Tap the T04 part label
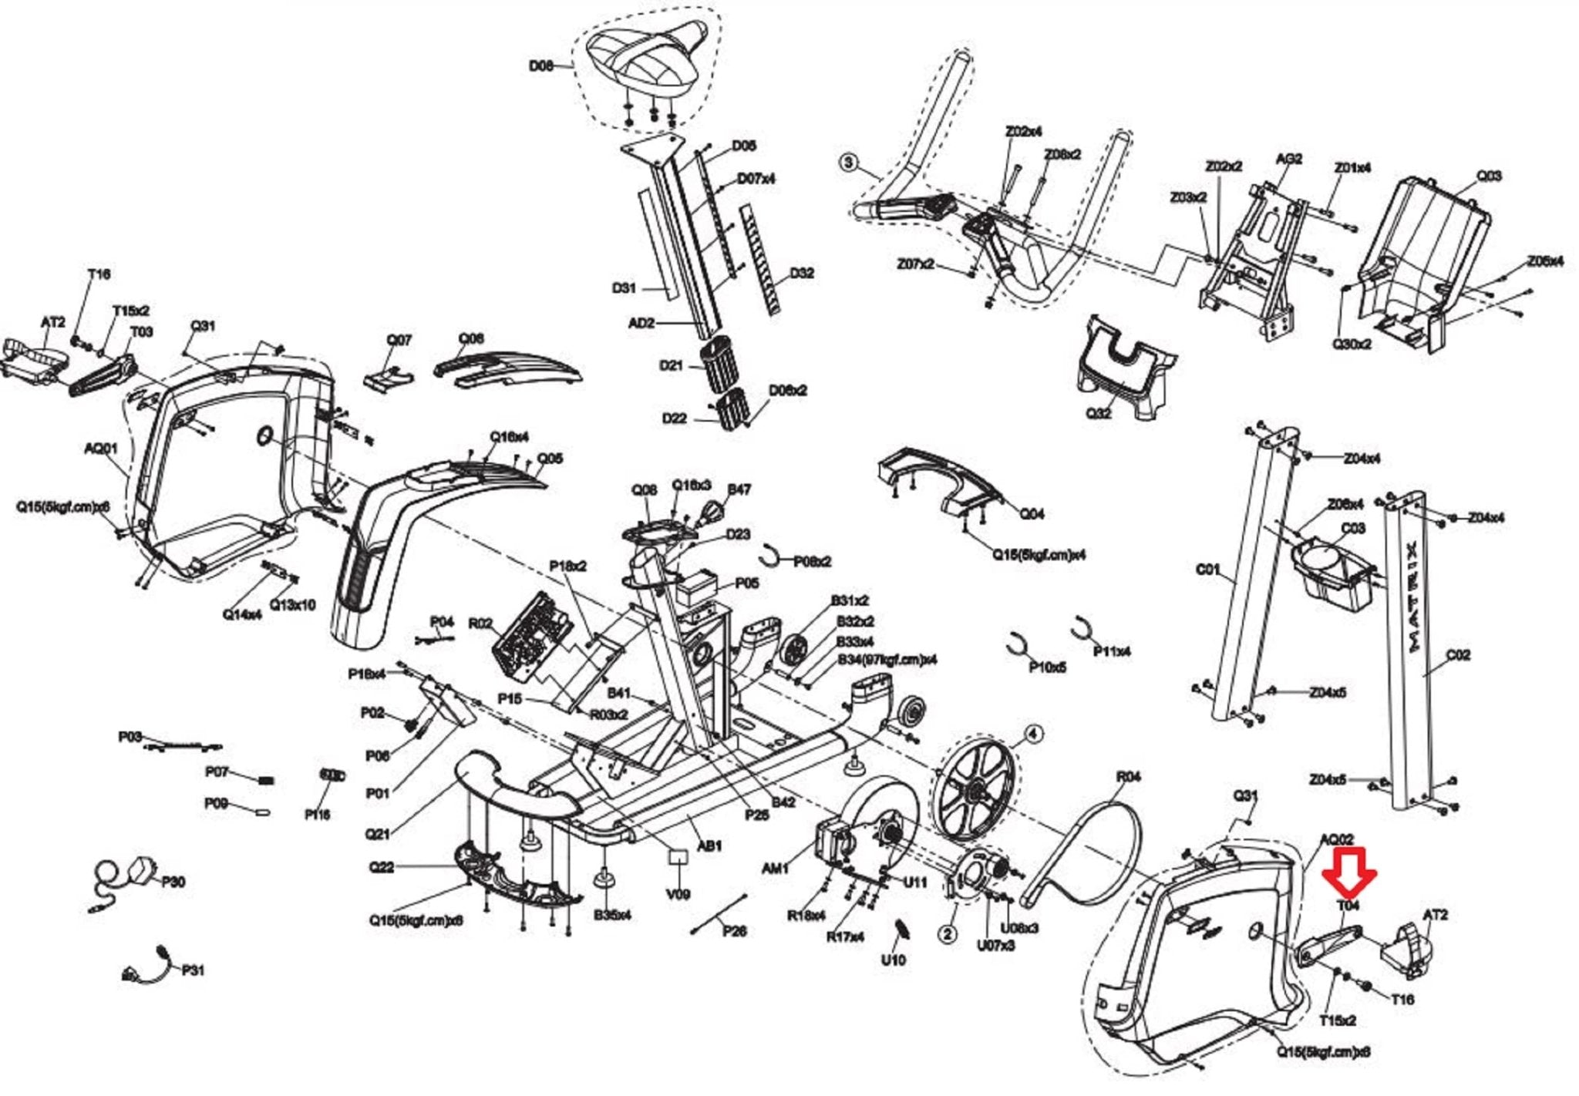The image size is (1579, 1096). [x=1348, y=906]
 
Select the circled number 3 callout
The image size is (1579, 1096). [x=849, y=162]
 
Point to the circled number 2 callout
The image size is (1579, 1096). [x=948, y=934]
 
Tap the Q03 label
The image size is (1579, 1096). [x=1489, y=177]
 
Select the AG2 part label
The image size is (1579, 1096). [x=1289, y=159]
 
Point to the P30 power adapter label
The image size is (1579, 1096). [x=173, y=882]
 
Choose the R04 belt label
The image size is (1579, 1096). [x=1128, y=777]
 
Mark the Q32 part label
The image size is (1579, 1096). [x=1099, y=413]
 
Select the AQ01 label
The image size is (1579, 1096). [x=100, y=449]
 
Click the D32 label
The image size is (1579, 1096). [x=801, y=274]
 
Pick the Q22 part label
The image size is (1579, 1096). [x=381, y=867]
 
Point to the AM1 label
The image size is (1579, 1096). [x=775, y=869]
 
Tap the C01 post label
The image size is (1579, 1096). [x=1207, y=570]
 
